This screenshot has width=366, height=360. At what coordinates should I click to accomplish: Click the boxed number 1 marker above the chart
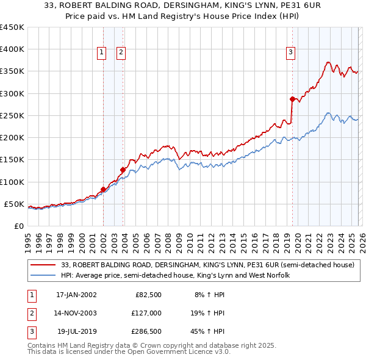pyautogui.click(x=101, y=53)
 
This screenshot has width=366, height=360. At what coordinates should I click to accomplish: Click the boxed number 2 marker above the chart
pyautogui.click(x=121, y=53)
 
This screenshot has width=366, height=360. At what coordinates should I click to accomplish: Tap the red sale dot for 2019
pyautogui.click(x=292, y=99)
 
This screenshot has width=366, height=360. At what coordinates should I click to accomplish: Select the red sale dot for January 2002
pyautogui.click(x=103, y=189)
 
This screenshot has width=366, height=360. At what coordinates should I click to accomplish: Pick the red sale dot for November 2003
pyautogui.click(x=123, y=170)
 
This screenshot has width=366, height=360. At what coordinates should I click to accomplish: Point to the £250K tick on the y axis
pyautogui.click(x=12, y=115)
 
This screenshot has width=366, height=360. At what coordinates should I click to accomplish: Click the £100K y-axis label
pyautogui.click(x=12, y=182)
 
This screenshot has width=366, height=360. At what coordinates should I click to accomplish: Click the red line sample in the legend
pyautogui.click(x=43, y=265)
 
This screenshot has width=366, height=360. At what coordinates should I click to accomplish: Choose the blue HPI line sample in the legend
pyautogui.click(x=43, y=276)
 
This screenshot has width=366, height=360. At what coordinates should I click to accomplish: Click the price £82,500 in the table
pyautogui.click(x=148, y=295)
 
